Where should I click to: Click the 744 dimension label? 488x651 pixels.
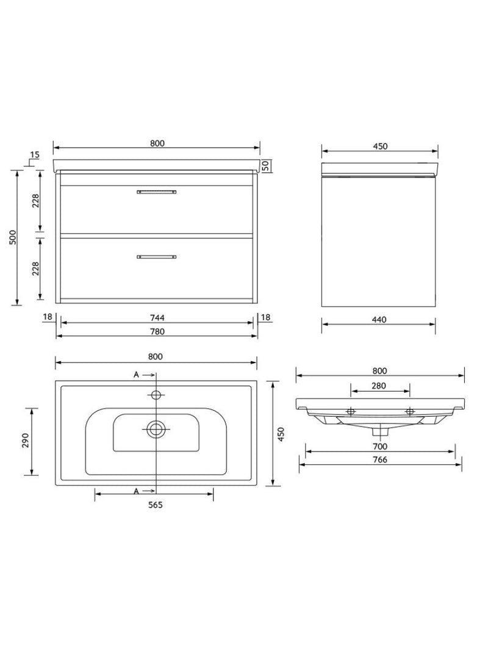[x=157, y=318]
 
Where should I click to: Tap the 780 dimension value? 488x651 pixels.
[x=157, y=331]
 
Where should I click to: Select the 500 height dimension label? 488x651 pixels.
[x=13, y=237]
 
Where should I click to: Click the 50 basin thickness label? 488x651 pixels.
[x=266, y=166]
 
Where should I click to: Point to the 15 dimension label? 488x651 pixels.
[x=34, y=155]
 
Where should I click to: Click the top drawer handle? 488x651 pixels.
[x=156, y=192]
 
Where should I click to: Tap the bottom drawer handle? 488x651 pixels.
[x=156, y=257]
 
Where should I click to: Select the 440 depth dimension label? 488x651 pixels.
[x=379, y=320]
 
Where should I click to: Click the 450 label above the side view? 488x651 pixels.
[x=380, y=146]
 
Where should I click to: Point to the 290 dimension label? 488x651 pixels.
[x=25, y=440]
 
